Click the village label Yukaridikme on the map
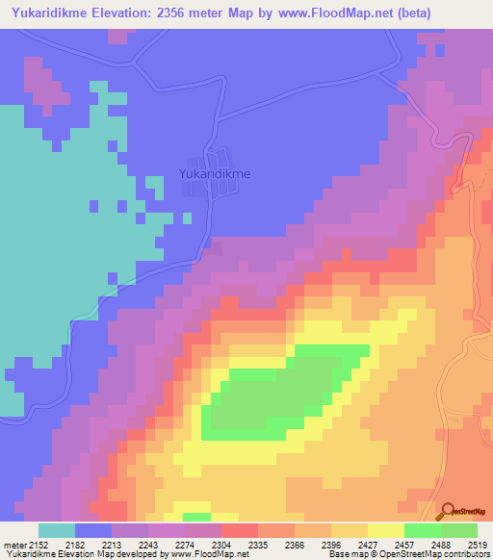[x=215, y=174]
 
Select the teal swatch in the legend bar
[x=56, y=530]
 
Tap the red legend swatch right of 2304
[x=239, y=530]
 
